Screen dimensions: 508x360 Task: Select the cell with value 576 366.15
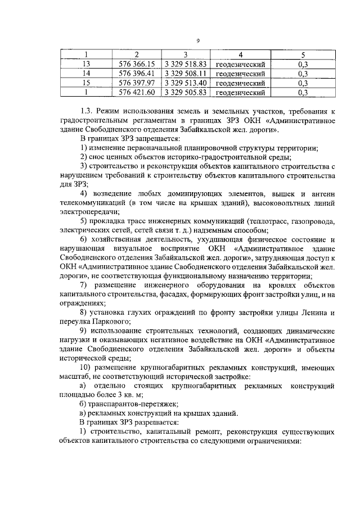point(137,64)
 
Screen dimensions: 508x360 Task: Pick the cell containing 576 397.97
point(137,83)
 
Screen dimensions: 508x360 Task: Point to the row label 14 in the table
point(86,74)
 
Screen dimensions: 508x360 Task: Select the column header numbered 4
point(240,55)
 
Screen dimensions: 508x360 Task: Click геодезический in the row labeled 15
point(240,83)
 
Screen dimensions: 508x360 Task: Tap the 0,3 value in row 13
point(303,64)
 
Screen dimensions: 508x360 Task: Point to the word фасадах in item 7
point(172,293)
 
